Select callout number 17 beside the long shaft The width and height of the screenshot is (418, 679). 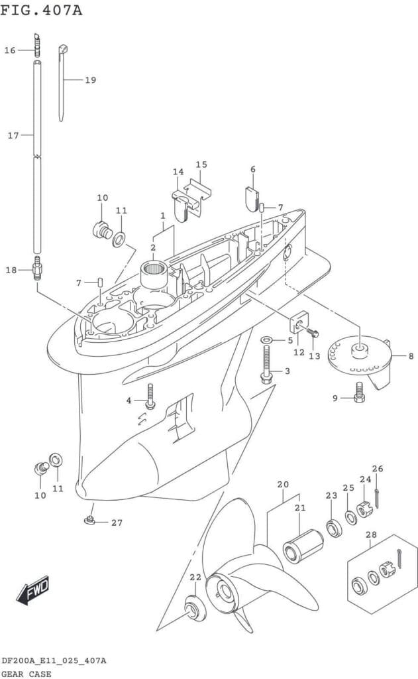tap(13, 135)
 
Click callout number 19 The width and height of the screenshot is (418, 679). tap(90, 80)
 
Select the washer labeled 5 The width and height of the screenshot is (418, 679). tap(266, 340)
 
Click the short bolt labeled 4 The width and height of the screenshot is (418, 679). tap(150, 397)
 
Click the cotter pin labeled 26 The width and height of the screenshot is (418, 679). tap(377, 497)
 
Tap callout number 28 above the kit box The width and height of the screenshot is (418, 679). tap(371, 534)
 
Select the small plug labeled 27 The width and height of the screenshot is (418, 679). tap(88, 520)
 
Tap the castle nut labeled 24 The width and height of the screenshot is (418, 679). tap(364, 510)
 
